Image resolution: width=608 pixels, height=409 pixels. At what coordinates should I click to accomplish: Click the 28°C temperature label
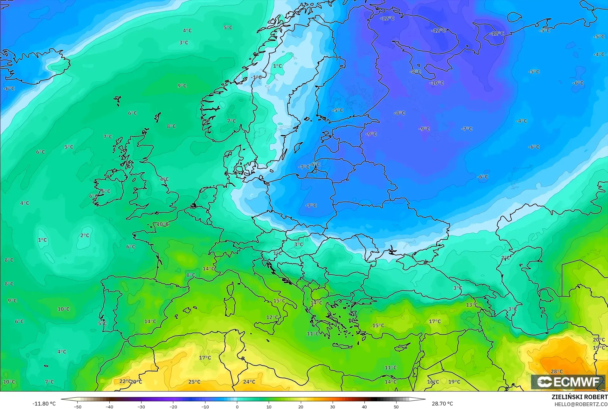(556, 372)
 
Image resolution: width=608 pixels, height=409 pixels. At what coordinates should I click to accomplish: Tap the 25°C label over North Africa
(194, 382)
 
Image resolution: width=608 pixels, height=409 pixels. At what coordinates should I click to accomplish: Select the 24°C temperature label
(249, 382)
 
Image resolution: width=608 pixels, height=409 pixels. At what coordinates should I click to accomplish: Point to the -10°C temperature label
(437, 83)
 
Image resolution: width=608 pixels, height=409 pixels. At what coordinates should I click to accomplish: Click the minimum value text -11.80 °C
(44, 404)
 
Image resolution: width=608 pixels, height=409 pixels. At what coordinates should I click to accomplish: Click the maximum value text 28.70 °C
(442, 404)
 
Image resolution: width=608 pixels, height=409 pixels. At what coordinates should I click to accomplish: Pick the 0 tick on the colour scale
(237, 406)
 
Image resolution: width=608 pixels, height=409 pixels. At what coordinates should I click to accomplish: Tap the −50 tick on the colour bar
(77, 406)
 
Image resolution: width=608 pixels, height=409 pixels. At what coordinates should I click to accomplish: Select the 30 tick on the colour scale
(332, 406)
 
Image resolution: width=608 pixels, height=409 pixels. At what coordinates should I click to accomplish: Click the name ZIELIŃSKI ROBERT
(579, 397)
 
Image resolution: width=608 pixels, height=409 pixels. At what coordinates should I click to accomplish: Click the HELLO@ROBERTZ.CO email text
(581, 404)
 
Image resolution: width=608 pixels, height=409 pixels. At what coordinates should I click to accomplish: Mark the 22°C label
(125, 381)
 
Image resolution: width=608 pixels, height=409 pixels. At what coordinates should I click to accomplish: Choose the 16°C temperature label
(433, 382)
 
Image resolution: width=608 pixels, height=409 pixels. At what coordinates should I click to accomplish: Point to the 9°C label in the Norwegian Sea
(182, 86)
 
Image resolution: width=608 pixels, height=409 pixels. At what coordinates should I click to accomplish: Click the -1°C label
(256, 77)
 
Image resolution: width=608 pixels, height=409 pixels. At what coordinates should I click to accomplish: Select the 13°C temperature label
(472, 305)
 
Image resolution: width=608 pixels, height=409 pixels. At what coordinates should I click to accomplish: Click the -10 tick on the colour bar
(205, 406)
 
